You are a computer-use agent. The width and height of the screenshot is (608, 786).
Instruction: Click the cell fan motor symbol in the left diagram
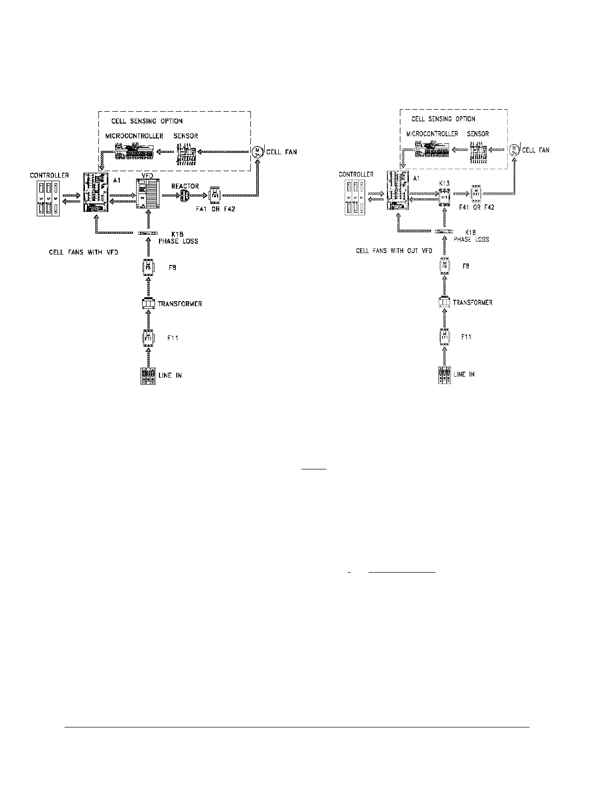(257, 151)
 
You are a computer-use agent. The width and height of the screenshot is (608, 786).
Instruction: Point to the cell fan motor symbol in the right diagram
(514, 148)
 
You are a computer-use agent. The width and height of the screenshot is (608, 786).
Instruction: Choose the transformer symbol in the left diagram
(149, 304)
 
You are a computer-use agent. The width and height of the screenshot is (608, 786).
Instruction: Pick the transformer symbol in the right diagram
(445, 302)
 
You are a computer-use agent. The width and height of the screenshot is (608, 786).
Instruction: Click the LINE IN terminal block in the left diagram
(149, 376)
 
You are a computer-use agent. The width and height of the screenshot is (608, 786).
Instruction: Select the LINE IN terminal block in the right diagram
(445, 374)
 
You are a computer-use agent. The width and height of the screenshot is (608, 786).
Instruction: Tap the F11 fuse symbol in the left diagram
(148, 338)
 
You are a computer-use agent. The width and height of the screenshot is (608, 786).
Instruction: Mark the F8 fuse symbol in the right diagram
(445, 266)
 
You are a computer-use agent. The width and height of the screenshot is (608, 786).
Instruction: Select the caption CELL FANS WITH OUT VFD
(392, 251)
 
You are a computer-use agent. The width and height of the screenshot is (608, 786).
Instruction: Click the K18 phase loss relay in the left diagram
(148, 233)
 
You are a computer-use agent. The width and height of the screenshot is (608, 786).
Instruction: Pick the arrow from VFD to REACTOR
(170, 196)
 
